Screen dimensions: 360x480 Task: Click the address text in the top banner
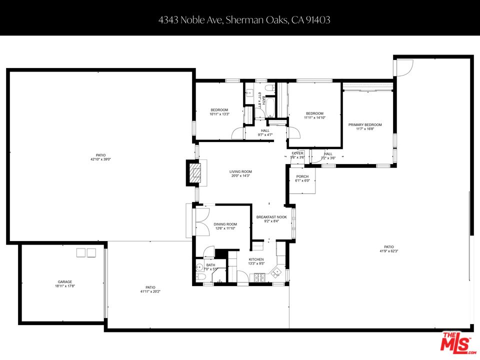point(244,20)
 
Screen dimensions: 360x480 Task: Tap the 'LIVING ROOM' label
point(240,171)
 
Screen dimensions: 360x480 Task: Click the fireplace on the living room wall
point(193,172)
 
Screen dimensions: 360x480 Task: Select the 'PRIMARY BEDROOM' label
point(365,125)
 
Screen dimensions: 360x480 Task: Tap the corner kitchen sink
point(276,272)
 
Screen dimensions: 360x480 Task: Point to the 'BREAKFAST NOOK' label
point(271,217)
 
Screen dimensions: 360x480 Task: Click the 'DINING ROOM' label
point(225,224)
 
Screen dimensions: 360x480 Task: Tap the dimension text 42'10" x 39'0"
point(100,159)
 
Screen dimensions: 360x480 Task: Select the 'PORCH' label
point(302,176)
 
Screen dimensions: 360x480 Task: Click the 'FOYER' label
point(297,153)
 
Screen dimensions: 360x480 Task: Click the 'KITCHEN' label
point(256,259)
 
